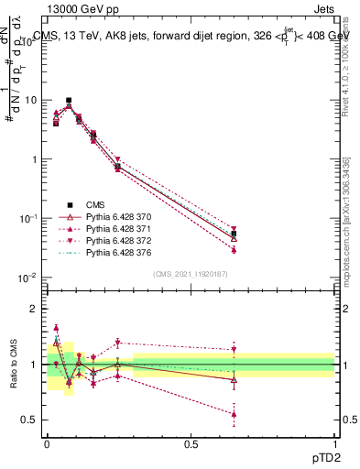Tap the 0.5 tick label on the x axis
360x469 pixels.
[x=191, y=443]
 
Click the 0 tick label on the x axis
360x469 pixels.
[x=47, y=443]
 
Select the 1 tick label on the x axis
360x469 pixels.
[x=334, y=443]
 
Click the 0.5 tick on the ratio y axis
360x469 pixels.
[x=31, y=420]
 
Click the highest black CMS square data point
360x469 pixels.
[x=69, y=100]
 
